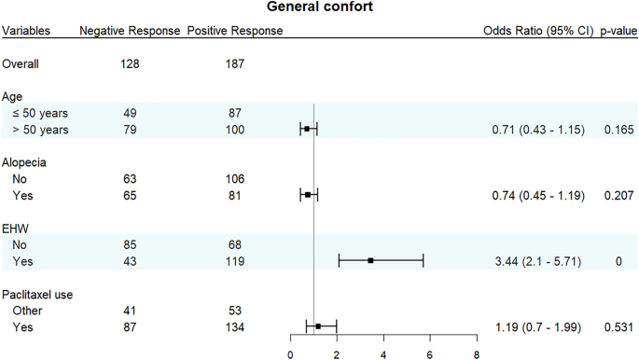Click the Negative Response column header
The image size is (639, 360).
tap(130, 31)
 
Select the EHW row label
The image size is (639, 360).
tap(16, 228)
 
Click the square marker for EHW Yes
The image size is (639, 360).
tap(371, 260)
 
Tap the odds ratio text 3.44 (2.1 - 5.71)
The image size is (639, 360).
tap(538, 260)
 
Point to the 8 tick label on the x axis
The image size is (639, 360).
tap(476, 353)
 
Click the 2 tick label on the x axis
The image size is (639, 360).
tap(337, 353)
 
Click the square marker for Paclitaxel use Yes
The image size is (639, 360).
tap(318, 326)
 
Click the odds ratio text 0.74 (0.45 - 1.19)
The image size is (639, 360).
tap(538, 195)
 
